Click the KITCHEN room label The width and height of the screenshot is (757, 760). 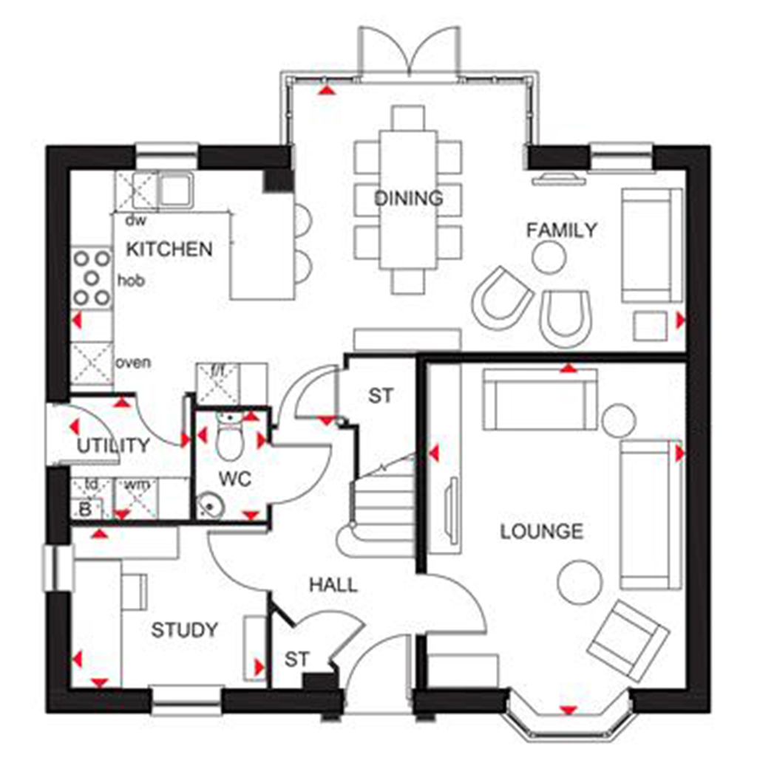[169, 249]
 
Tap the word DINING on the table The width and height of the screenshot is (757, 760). [408, 198]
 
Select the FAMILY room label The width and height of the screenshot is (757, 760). [561, 230]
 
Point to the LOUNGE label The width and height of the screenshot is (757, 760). [542, 531]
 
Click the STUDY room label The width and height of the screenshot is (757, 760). [185, 630]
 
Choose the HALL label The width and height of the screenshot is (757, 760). [333, 585]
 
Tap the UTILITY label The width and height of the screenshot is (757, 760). [113, 446]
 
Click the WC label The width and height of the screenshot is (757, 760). [234, 479]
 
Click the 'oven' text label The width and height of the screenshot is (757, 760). [134, 363]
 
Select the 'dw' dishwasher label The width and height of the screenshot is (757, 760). [133, 220]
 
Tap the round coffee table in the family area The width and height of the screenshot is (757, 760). [549, 257]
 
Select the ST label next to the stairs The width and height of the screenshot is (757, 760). [381, 395]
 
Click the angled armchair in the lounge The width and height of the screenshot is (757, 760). [628, 640]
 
